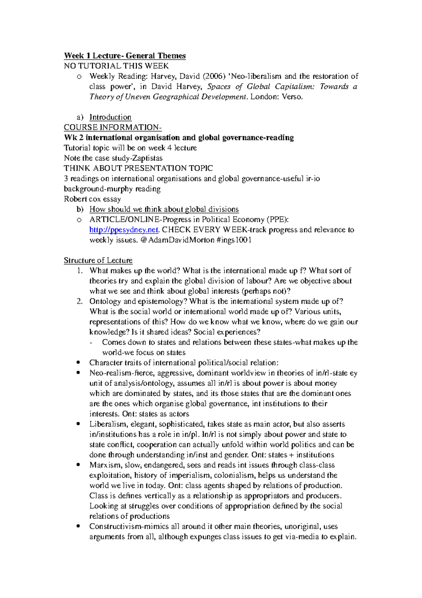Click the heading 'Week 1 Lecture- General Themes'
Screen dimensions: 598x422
point(124,56)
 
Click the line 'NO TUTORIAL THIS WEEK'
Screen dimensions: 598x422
point(116,66)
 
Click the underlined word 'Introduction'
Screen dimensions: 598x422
point(110,117)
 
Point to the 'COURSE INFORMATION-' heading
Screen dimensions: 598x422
point(113,127)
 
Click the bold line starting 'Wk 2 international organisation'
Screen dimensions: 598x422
point(179,138)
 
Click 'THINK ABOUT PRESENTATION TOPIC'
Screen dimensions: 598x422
point(138,168)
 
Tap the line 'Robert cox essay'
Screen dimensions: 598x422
point(92,199)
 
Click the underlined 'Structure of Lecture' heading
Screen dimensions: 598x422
point(98,261)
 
